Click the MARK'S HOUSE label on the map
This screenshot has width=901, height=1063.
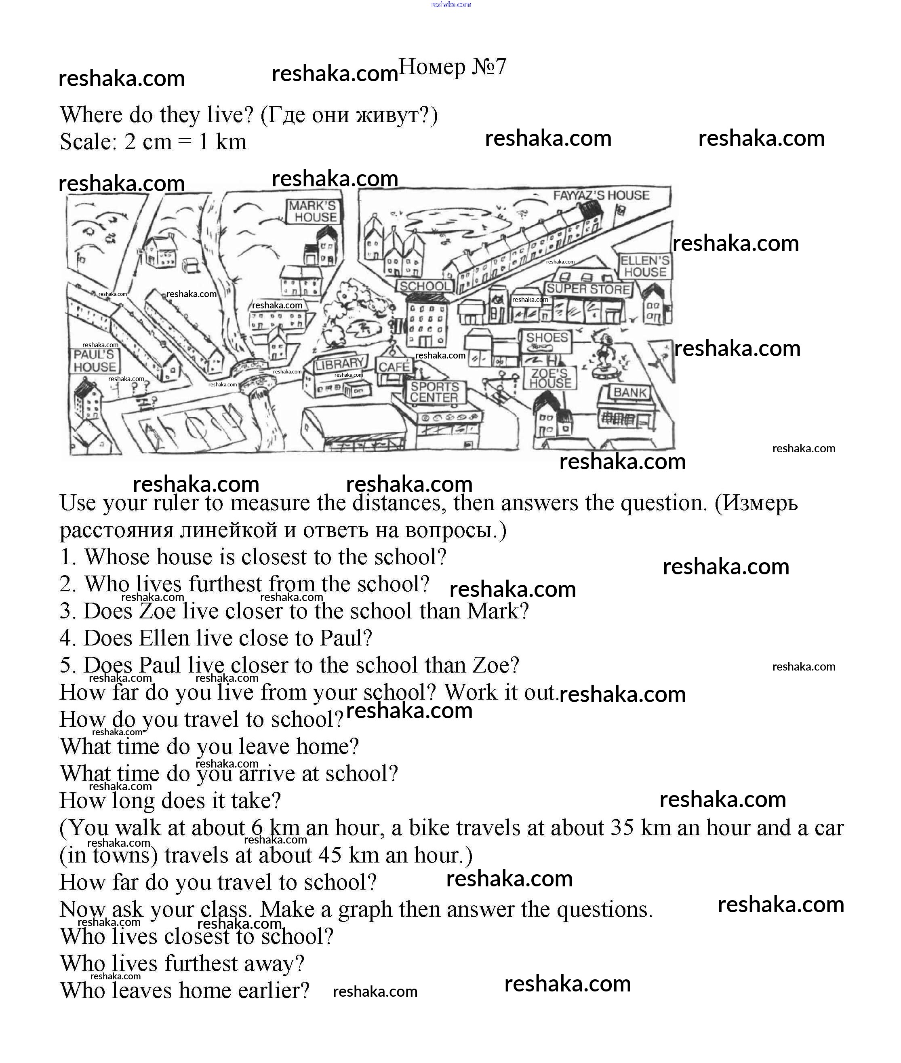[x=313, y=211]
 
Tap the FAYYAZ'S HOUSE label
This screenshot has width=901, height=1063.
[x=601, y=195]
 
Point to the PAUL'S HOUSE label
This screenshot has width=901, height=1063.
[x=95, y=361]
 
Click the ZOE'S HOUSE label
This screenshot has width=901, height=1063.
[x=549, y=378]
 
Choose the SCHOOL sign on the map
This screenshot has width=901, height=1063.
[x=425, y=286]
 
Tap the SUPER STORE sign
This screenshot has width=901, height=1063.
[x=588, y=289]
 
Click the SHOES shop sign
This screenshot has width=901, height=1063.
[x=547, y=337]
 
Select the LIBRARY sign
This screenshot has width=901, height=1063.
[x=339, y=364]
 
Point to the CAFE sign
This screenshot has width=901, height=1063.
[x=394, y=366]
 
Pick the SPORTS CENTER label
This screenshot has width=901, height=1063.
[x=434, y=392]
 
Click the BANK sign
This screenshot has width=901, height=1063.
[x=630, y=392]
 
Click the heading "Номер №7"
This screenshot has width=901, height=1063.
[x=452, y=67]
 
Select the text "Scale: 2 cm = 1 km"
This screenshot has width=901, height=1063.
[x=153, y=141]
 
